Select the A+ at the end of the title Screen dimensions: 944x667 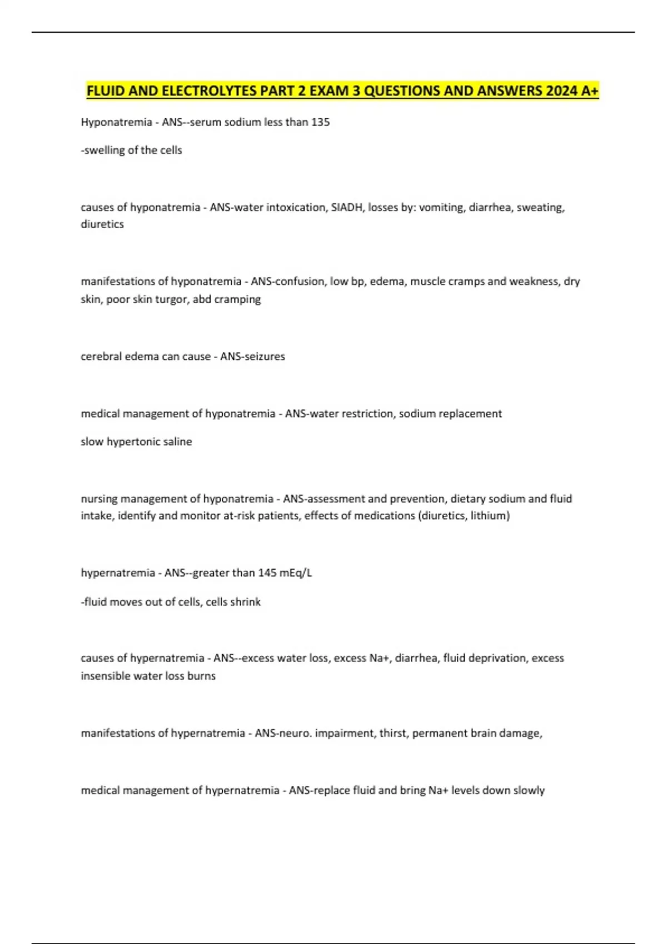(x=589, y=91)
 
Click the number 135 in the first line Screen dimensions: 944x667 (x=320, y=122)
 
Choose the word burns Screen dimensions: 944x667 (x=201, y=676)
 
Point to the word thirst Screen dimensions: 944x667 (x=392, y=734)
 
